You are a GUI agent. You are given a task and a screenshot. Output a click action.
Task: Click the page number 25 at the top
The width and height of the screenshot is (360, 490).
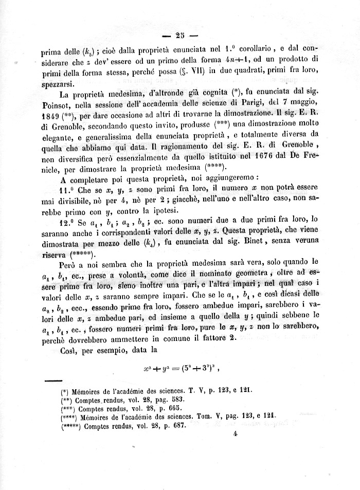tap(179, 35)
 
